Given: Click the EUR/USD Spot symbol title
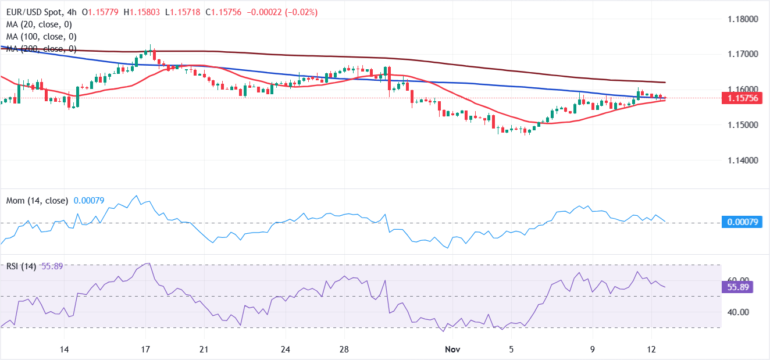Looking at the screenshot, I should [34, 12].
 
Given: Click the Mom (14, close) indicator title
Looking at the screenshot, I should [37, 201].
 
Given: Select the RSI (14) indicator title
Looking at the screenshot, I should [21, 266].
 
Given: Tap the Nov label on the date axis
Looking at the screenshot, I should [452, 350].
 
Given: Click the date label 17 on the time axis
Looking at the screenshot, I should [145, 350].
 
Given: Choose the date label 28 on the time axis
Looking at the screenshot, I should [344, 350].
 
